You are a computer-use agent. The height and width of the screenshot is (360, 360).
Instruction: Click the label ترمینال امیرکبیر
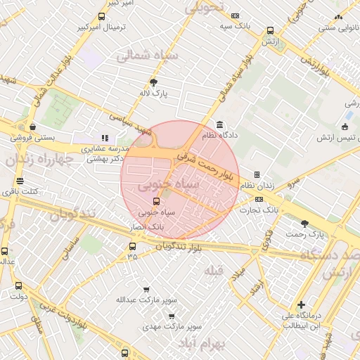[105, 27]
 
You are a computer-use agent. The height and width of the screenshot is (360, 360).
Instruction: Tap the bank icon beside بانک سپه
[235, 15]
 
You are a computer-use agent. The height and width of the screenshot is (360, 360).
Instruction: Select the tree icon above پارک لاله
[163, 82]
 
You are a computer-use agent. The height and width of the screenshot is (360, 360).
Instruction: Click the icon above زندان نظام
[257, 174]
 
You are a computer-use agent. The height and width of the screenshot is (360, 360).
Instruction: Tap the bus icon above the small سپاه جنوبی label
[156, 200]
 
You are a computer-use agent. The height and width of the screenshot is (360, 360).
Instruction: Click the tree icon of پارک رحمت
[304, 224]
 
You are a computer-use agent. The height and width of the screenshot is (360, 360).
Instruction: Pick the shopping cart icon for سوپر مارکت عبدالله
[146, 289]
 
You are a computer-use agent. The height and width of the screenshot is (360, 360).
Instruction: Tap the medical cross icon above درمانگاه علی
[301, 304]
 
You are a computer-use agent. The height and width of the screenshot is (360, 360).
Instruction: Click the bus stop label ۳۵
[132, 257]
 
